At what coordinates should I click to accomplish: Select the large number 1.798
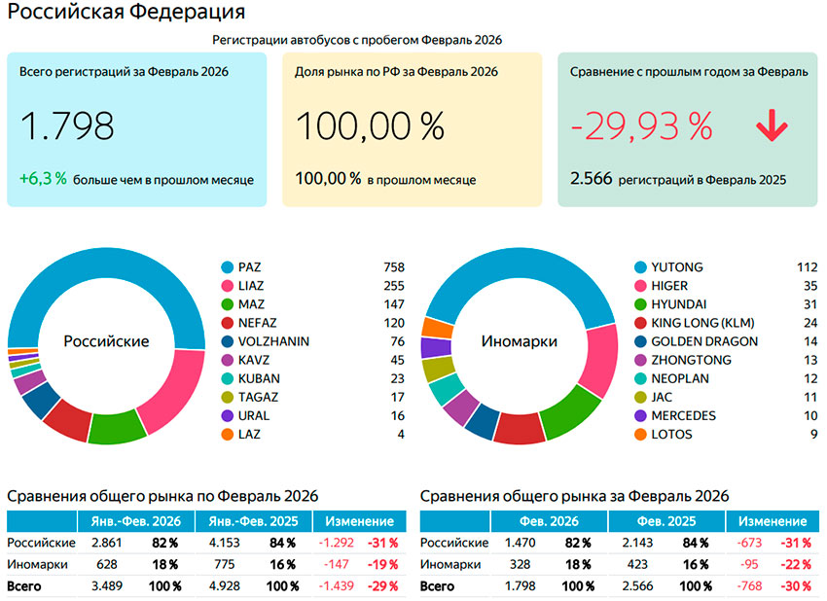(67, 126)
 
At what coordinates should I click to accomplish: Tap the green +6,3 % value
(43, 179)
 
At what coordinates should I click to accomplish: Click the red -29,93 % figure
(641, 126)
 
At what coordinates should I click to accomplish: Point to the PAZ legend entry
(250, 267)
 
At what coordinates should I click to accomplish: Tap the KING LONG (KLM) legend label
(702, 323)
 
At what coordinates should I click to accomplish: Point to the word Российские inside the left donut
(106, 341)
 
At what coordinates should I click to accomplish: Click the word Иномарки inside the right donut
(520, 341)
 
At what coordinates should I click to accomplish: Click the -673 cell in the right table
(752, 543)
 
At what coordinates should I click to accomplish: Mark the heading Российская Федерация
(126, 14)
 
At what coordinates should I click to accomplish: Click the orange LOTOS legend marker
(640, 435)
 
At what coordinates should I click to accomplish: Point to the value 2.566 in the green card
(589, 179)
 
